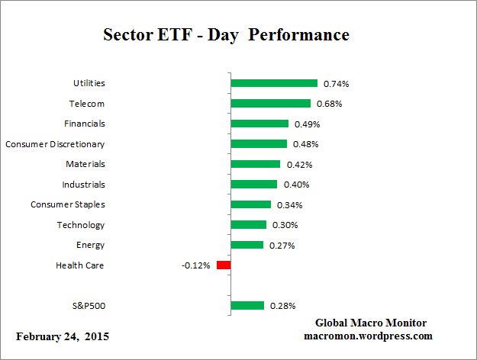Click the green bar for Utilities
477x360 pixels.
274,83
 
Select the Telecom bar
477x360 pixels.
271,104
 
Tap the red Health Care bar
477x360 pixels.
224,265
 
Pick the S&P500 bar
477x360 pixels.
247,306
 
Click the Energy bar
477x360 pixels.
247,245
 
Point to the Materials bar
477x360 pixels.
256,164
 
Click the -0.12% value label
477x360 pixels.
196,265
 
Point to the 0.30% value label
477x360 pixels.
285,225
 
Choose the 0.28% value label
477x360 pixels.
282,306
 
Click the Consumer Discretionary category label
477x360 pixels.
55,143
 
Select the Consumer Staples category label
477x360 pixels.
68,204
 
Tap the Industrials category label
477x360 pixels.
83,184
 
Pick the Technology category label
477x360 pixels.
81,225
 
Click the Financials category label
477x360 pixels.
84,124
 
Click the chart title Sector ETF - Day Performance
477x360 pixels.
226,35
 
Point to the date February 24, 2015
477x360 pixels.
63,336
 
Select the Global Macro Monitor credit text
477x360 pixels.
370,323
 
